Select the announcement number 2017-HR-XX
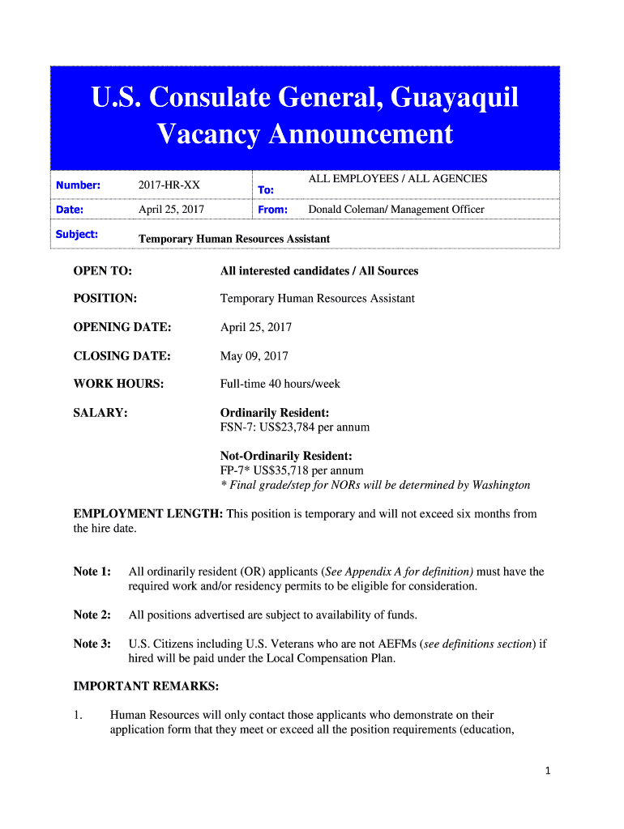[169, 185]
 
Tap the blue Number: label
[78, 185]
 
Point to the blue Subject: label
[77, 234]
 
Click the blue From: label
[271, 210]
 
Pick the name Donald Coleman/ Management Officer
[396, 210]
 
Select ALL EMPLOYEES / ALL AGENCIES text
[397, 179]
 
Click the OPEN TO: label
[103, 270]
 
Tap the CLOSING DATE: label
[122, 355]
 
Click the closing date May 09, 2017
[254, 355]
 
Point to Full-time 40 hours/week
[280, 384]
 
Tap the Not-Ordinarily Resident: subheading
[286, 456]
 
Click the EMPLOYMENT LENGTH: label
[148, 514]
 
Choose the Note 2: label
[92, 614]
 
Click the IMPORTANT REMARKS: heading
[146, 687]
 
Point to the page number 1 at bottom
[548, 772]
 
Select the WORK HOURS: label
[118, 384]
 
